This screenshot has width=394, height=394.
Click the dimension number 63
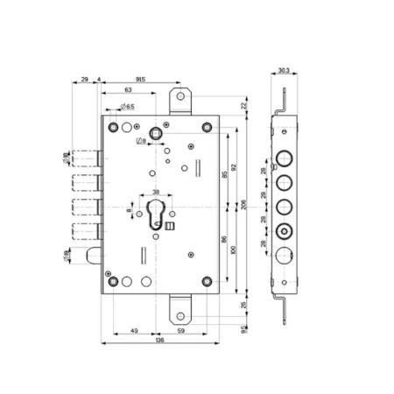click(x=129, y=89)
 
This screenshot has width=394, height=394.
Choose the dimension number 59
click(x=180, y=330)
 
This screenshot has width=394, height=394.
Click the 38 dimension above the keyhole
click(x=156, y=193)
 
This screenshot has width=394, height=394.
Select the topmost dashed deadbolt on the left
click(x=84, y=158)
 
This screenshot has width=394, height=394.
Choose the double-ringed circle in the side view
click(x=283, y=234)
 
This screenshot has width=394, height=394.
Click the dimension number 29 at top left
click(x=84, y=78)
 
